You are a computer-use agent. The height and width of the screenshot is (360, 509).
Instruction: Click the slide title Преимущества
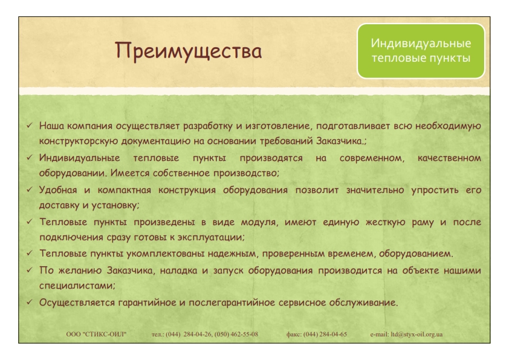188,51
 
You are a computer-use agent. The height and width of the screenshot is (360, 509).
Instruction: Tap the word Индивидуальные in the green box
421,43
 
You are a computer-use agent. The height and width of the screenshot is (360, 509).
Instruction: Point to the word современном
372,159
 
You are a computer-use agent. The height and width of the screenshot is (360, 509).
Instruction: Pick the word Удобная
58,190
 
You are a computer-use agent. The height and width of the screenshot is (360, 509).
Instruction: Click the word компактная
124,190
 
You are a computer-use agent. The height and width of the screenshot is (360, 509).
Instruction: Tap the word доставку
59,205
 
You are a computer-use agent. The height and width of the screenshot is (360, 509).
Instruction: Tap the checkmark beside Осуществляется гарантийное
30,302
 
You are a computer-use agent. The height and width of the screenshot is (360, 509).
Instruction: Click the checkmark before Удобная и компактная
30,189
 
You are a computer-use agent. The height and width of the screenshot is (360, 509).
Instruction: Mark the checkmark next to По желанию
30,270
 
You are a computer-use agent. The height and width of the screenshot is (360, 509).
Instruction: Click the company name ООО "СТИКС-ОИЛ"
96,335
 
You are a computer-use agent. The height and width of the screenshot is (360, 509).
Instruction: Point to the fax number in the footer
325,335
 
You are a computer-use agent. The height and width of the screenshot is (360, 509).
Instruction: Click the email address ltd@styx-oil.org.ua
417,335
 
